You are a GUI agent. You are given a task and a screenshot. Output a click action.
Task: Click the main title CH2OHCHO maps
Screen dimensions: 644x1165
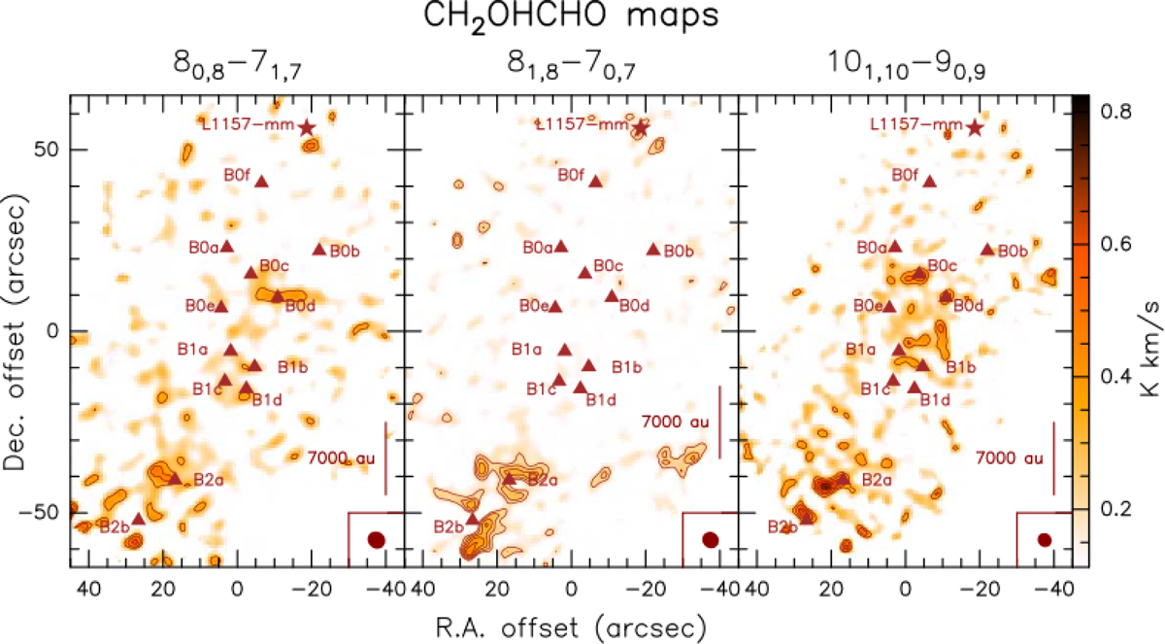(582, 21)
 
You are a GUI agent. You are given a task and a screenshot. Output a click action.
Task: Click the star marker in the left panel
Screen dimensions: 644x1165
(307, 127)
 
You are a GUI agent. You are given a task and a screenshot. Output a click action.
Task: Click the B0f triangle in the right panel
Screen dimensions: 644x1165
(929, 181)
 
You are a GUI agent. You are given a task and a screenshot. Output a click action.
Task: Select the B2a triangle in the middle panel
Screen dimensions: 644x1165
(509, 478)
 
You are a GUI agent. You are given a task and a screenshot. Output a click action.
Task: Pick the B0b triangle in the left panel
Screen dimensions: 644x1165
(319, 249)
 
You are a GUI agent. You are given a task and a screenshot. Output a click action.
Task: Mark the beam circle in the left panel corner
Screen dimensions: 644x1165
(377, 539)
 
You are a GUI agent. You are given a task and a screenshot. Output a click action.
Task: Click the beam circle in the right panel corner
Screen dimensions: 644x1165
(1045, 539)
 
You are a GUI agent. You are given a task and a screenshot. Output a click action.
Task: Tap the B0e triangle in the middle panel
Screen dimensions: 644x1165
(555, 306)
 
